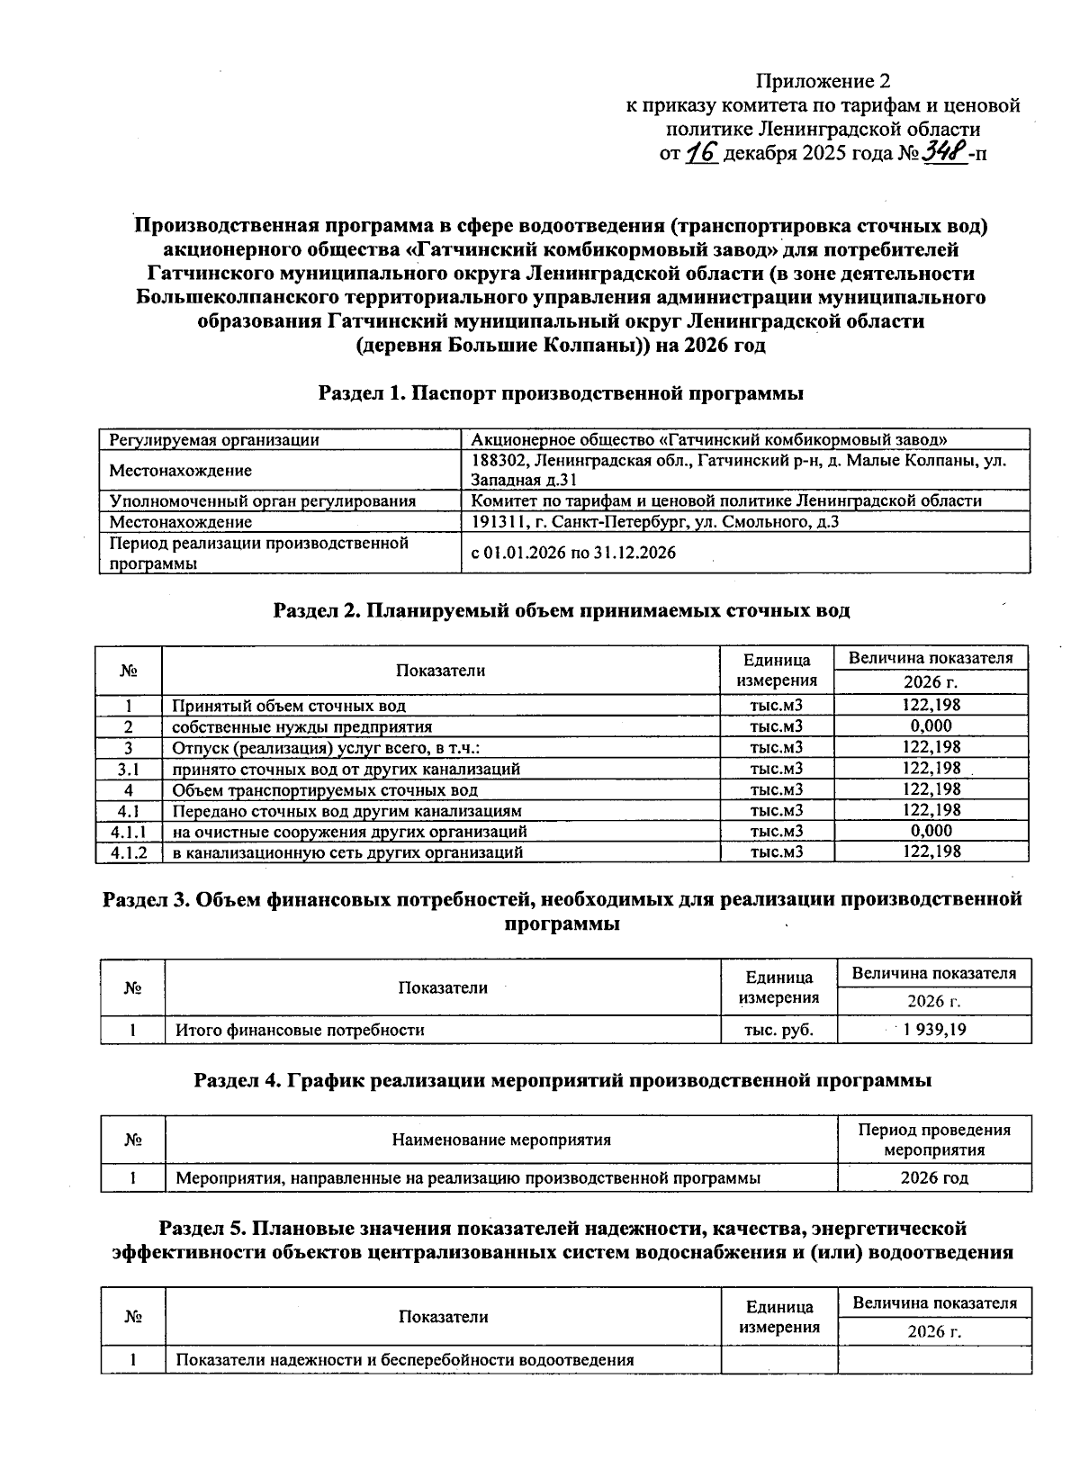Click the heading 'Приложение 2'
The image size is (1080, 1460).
point(815,81)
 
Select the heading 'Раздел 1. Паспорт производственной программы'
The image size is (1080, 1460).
point(561,393)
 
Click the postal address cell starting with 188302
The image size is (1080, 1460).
point(738,470)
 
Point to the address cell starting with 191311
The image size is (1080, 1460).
point(655,521)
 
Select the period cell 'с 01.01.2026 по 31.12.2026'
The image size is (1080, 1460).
point(573,553)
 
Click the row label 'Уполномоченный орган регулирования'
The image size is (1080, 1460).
point(262,500)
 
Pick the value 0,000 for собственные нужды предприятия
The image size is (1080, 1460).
point(931,726)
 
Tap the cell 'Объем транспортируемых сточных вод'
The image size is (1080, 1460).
point(325,789)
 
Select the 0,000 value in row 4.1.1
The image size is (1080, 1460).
point(931,831)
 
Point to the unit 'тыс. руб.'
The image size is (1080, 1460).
point(778,1030)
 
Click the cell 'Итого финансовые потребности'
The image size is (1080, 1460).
point(299,1030)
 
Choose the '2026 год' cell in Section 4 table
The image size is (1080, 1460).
point(934,1177)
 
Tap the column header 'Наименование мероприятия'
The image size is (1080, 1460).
point(501,1140)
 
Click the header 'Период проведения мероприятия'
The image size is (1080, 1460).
point(934,1140)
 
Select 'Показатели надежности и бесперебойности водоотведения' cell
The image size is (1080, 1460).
point(404,1359)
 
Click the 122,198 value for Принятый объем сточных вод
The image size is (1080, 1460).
point(931,706)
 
